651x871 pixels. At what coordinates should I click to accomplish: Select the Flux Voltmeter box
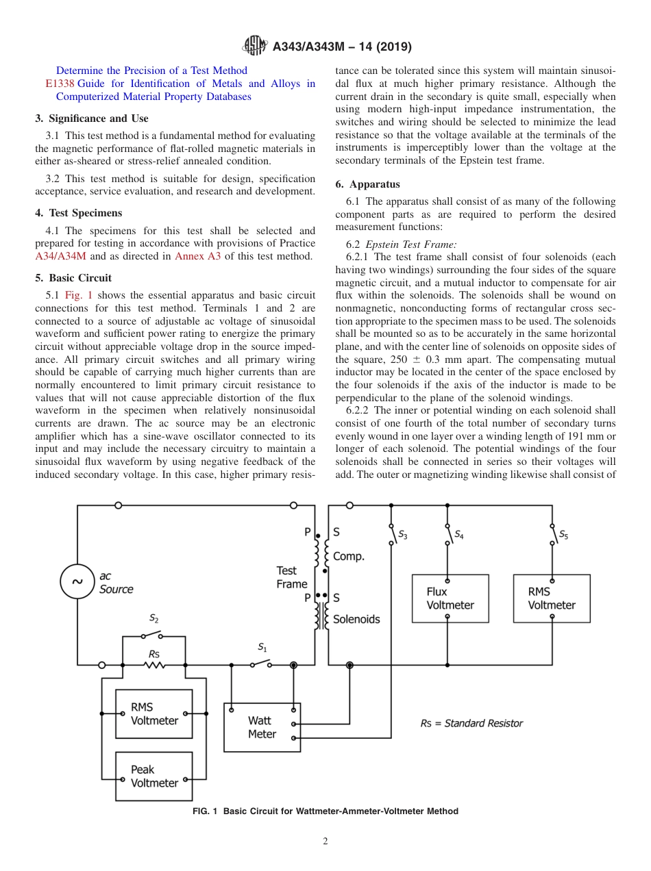click(x=450, y=598)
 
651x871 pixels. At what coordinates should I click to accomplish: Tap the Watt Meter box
click(x=262, y=727)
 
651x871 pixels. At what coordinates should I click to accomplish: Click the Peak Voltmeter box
click(x=153, y=776)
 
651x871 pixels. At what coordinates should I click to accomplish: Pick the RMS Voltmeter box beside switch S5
click(x=552, y=598)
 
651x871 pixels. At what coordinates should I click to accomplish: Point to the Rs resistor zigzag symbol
click(x=154, y=664)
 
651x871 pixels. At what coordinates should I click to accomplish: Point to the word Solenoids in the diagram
click(x=356, y=619)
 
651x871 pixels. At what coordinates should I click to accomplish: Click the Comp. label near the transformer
click(x=348, y=557)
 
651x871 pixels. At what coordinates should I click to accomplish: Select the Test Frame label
click(x=291, y=577)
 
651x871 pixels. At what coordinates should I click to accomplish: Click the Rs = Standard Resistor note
click(x=471, y=723)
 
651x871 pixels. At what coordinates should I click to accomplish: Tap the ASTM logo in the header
click(x=255, y=47)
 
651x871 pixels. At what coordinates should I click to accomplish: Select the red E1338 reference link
click(x=59, y=84)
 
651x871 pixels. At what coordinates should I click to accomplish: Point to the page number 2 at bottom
click(x=325, y=842)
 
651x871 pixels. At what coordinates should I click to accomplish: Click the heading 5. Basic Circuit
click(x=73, y=278)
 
